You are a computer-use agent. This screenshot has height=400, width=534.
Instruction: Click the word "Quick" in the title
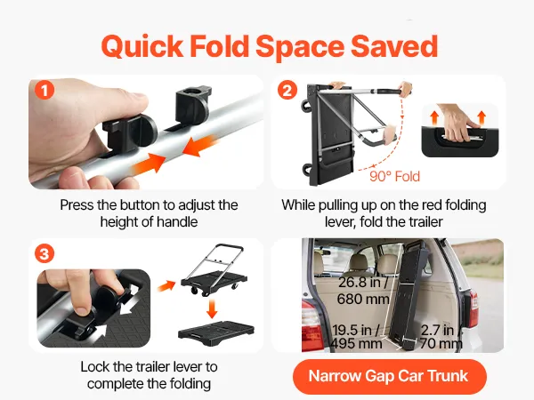[x=142, y=46]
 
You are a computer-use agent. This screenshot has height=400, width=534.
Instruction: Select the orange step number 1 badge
[x=44, y=90]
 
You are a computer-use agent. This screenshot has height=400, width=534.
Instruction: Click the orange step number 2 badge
[x=287, y=90]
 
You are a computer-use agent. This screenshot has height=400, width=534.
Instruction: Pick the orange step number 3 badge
[x=44, y=253]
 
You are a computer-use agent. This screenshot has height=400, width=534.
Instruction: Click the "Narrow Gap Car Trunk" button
[x=389, y=376]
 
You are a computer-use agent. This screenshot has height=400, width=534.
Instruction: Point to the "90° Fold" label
[x=394, y=176]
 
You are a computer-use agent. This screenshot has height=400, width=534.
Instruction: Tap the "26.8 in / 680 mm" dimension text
[x=363, y=291]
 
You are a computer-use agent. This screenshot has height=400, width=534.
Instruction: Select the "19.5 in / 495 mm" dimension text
[x=356, y=336]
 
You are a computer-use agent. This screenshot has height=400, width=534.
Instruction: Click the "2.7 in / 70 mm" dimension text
[x=441, y=336]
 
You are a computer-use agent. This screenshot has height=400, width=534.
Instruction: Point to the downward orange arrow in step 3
[x=212, y=308]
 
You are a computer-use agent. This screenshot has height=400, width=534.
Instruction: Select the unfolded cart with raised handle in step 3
[x=214, y=269]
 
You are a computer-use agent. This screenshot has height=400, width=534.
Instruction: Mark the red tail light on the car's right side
[x=473, y=308]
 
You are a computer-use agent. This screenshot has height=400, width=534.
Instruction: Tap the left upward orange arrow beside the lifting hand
[x=434, y=117]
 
